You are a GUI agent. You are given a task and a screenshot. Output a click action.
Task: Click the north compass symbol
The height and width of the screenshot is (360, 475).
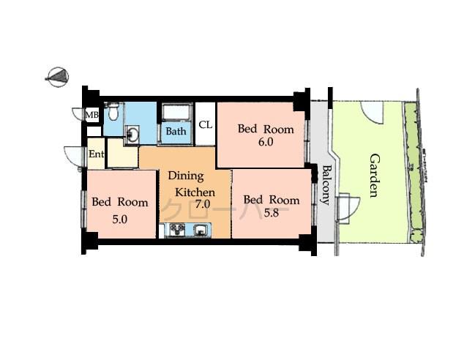pos(58,75)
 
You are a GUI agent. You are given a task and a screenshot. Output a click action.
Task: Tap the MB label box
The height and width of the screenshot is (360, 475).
pos(92,115)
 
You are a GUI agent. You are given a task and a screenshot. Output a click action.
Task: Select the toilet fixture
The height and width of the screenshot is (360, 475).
pos(112,113)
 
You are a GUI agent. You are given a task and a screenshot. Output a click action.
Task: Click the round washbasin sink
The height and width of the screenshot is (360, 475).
pos(132,135)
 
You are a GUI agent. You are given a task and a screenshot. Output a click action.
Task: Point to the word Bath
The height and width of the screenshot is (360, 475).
pos(175,132)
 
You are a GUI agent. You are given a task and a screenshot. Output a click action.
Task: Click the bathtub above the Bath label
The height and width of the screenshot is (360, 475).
pos(176,113)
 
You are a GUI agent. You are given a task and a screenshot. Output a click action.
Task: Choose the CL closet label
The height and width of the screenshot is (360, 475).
pos(205,124)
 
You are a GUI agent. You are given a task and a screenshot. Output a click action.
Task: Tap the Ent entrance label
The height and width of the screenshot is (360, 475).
pos(96,154)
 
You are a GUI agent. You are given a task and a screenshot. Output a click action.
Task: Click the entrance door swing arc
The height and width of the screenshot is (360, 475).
pos(73,157)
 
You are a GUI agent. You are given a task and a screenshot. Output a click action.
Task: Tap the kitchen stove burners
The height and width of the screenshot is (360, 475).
pos(176,230)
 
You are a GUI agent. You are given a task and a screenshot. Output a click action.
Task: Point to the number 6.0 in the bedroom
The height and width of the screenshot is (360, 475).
pos(265,143)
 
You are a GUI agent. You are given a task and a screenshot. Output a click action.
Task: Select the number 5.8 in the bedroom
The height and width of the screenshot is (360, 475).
pos(271,213)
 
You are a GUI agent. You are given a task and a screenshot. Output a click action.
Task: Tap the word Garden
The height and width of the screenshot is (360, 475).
pos(373,176)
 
